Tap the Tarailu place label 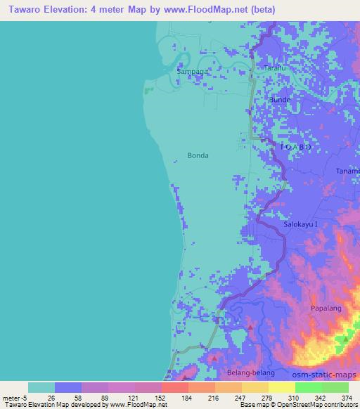(x=275, y=67)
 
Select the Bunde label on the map (x=280, y=100)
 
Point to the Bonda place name (x=198, y=155)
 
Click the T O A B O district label (x=295, y=147)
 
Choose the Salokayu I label (x=301, y=224)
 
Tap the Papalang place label (x=326, y=309)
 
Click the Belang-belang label (x=246, y=373)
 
